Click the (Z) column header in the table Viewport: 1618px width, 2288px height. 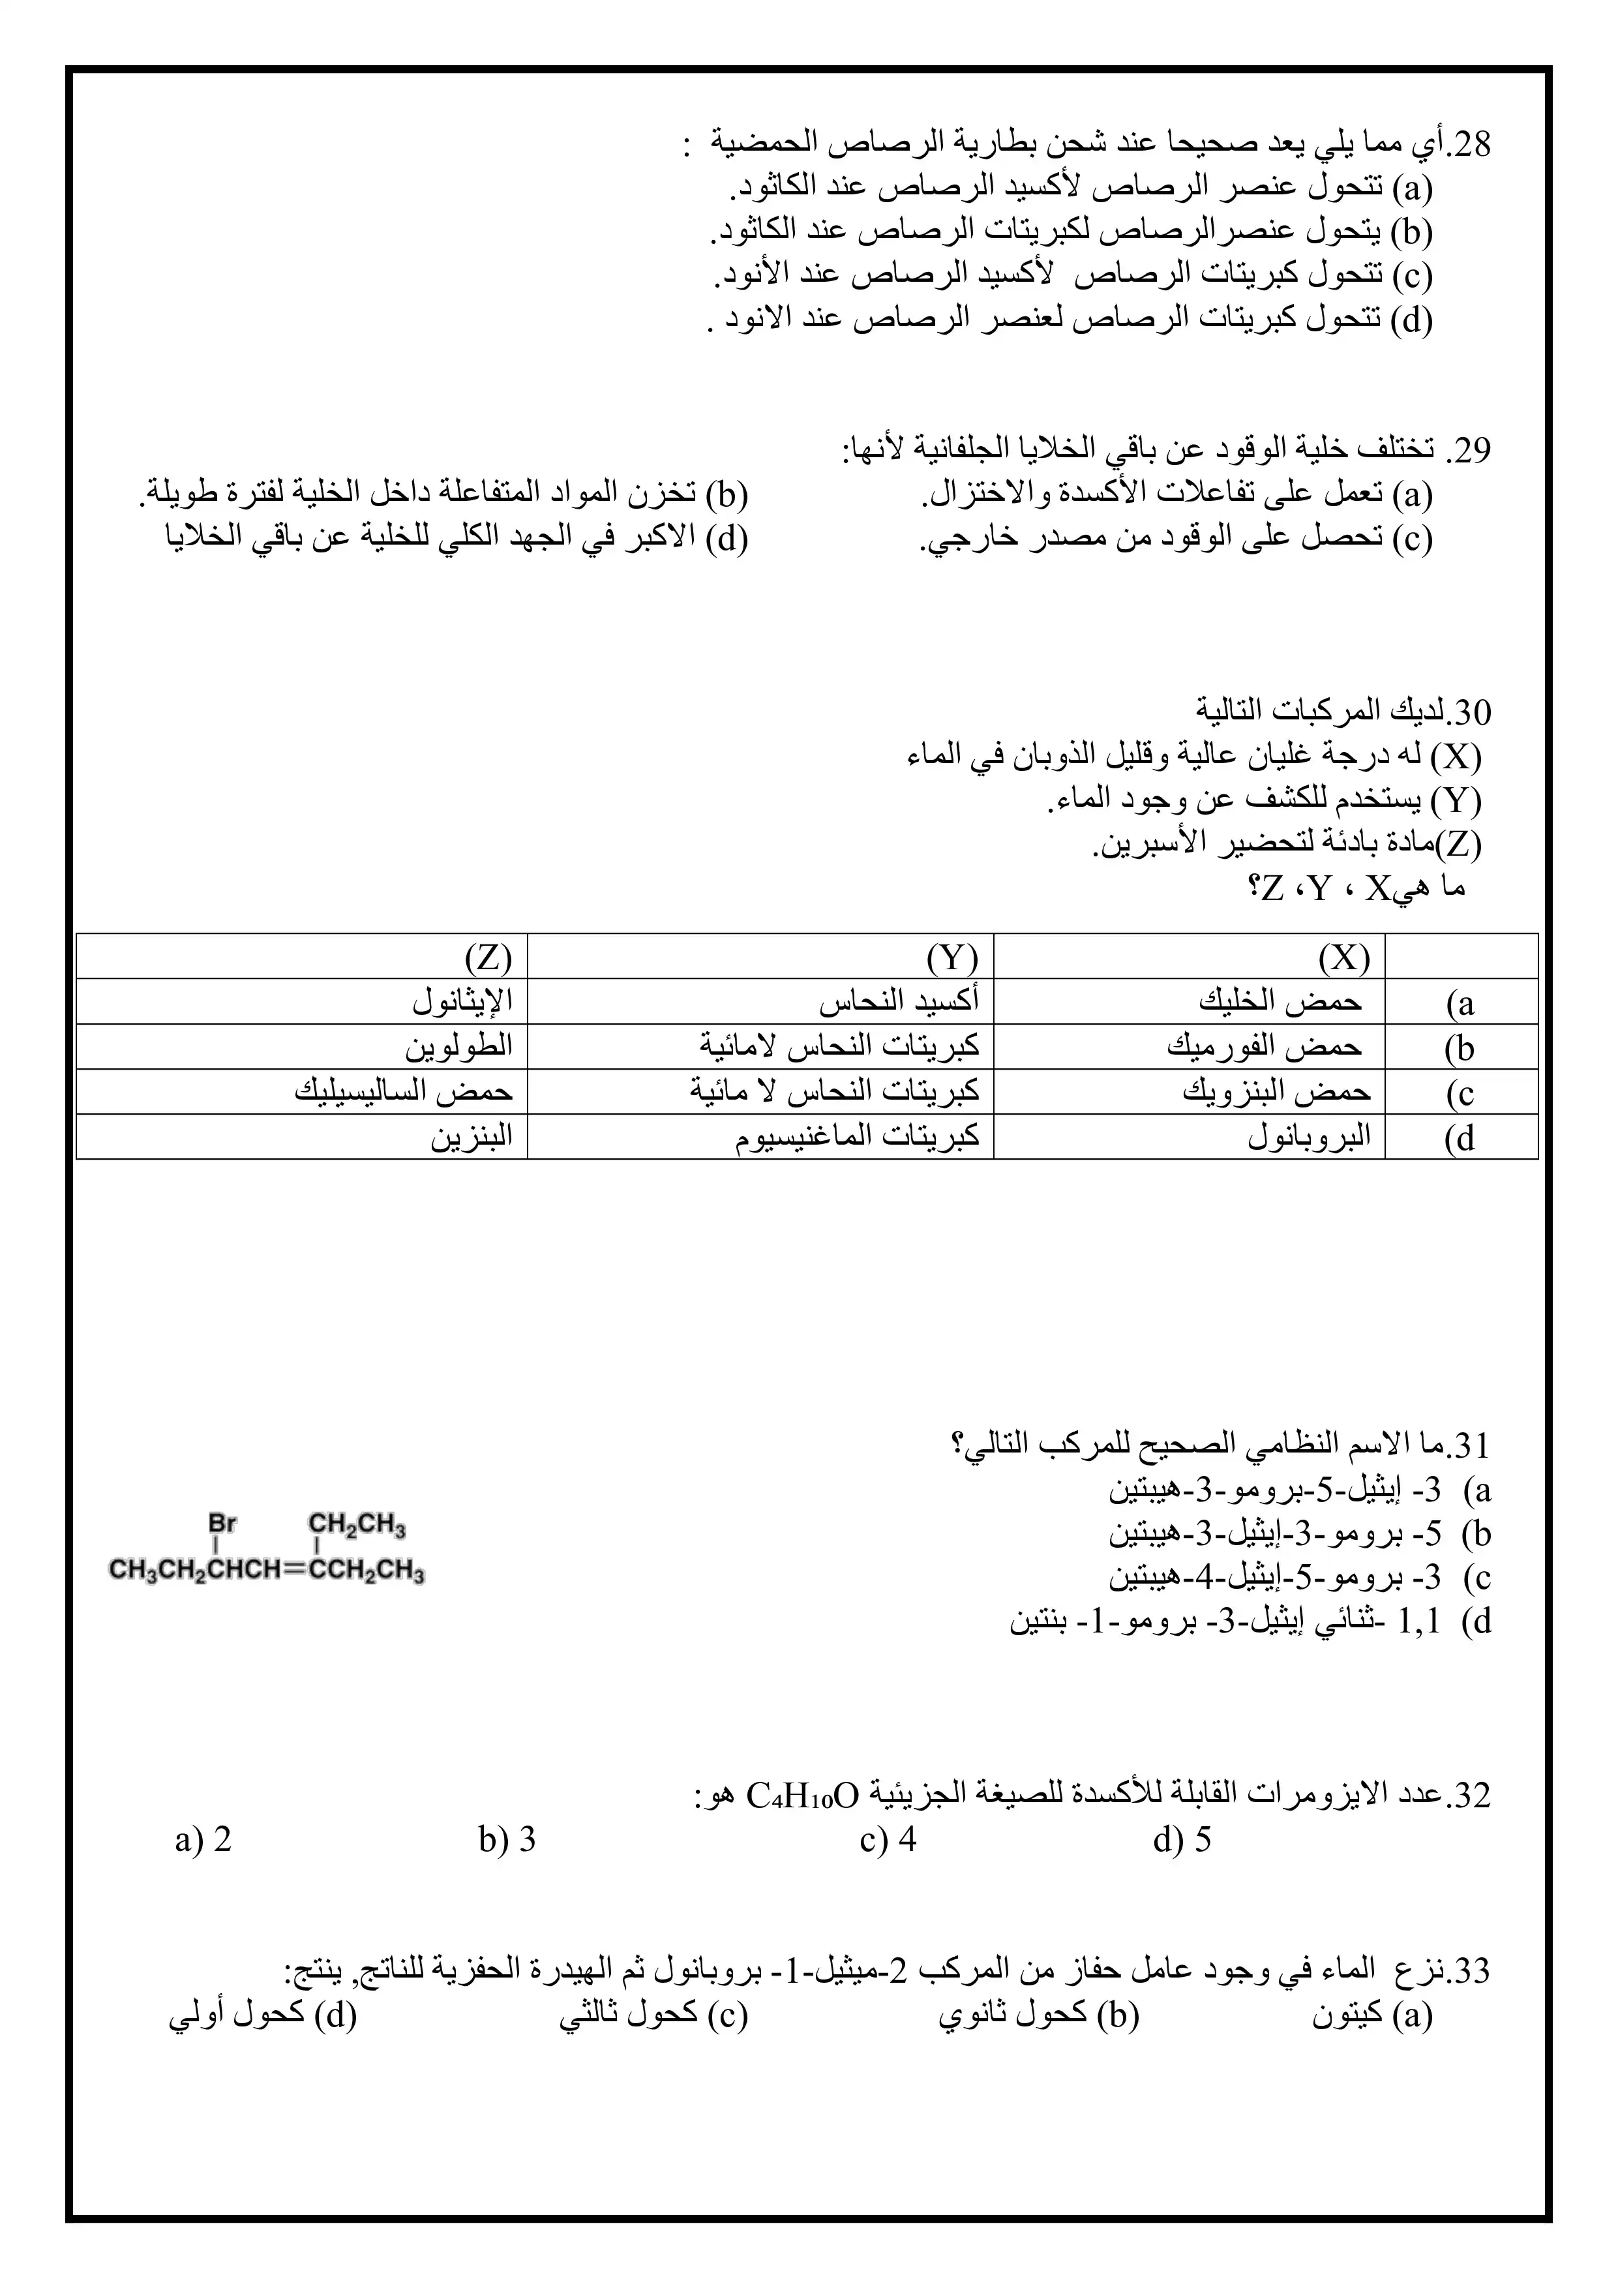[488, 957]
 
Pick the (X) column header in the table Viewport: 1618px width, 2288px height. [1344, 957]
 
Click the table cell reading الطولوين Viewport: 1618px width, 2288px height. [458, 1046]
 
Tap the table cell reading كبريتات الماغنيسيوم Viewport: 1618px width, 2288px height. [858, 1137]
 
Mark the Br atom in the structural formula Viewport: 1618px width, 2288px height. [222, 1524]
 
